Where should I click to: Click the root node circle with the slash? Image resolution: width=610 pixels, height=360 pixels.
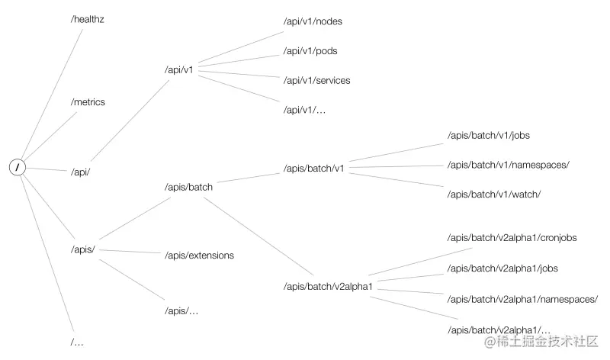18,167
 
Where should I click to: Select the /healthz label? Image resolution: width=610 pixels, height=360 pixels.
87,19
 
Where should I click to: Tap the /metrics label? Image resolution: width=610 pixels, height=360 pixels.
88,101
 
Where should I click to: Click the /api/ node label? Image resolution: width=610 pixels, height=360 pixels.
80,172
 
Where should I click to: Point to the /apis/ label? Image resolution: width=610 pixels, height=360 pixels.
82,249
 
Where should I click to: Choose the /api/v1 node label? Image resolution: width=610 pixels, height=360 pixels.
179,69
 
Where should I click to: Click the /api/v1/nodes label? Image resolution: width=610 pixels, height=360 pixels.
312,21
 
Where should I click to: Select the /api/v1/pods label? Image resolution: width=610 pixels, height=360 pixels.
310,50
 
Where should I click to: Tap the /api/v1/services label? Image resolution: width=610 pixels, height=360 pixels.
316,80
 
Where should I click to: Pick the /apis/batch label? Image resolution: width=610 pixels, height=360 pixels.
188,185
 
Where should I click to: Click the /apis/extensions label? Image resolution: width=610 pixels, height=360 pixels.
199,255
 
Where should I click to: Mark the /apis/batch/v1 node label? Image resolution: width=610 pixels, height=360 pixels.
313,168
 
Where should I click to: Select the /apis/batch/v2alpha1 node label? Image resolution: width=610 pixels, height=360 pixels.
326,286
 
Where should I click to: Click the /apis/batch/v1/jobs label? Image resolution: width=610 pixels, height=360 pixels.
488,135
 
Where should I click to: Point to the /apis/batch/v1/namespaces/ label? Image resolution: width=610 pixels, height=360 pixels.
508,164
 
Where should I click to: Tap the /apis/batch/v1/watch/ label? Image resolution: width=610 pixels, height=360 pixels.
493,194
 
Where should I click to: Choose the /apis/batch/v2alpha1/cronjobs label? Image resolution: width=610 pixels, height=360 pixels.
512,237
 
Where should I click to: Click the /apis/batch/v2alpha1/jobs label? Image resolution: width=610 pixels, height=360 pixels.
502,268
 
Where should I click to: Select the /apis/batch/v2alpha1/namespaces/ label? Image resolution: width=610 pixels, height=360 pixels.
522,299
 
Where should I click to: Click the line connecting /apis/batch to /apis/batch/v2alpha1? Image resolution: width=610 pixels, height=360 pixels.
263,237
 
